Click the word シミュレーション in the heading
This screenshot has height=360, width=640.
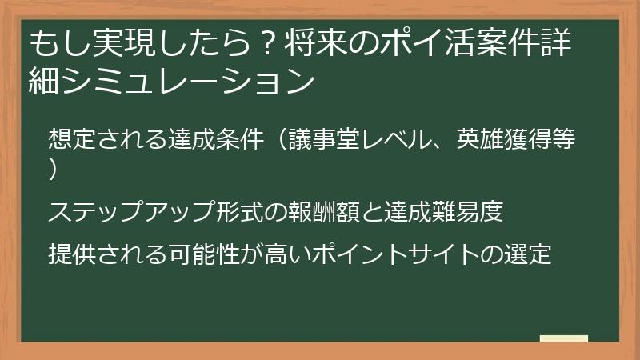[x=186, y=81]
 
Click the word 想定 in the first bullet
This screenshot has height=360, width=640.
[x=70, y=138]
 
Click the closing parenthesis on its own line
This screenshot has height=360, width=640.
[x=54, y=170]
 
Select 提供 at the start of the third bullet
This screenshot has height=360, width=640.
[x=70, y=254]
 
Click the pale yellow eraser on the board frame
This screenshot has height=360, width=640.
[x=564, y=339]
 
